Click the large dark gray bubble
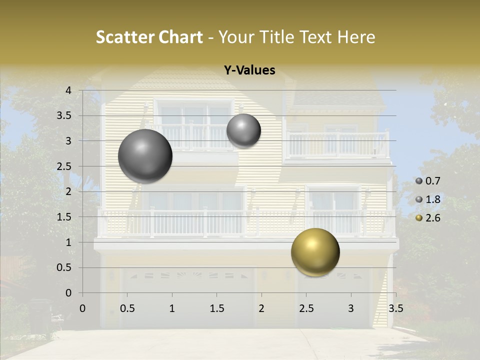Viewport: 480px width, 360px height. (145, 156)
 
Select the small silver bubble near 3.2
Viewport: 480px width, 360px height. (243, 130)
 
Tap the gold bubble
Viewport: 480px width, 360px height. (315, 252)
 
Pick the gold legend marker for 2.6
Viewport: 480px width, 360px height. (419, 218)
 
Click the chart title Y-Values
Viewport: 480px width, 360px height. (249, 70)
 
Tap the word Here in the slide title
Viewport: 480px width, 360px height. (356, 37)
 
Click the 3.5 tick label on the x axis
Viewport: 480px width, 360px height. (395, 308)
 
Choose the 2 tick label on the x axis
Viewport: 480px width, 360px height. (261, 308)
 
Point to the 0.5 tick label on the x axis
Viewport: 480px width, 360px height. (127, 308)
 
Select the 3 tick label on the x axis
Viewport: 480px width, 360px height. (350, 308)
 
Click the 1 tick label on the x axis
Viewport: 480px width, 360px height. (172, 308)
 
